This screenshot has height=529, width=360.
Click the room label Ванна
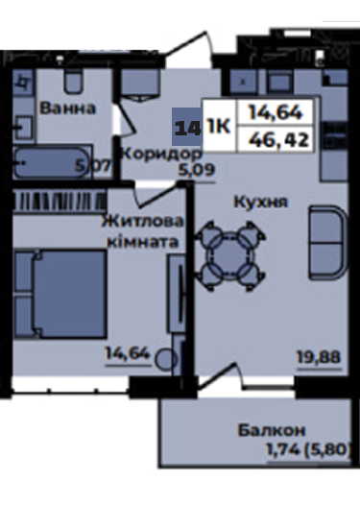68,108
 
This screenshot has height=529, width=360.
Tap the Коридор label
161,154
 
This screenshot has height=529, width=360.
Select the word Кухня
261,202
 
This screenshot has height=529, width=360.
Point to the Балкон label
272,430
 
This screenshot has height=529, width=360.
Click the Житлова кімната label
143,231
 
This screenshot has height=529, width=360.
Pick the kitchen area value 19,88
319,357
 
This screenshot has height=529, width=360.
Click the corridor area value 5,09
197,170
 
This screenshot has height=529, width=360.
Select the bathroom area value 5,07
93,165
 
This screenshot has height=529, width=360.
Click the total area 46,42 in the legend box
278,139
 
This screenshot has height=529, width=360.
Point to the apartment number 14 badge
187,127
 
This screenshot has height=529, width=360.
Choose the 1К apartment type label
219,127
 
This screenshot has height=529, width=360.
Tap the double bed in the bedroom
60,294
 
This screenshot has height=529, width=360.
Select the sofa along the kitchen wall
327,243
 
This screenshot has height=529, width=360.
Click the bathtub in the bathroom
52,162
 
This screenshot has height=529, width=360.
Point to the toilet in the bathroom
73,81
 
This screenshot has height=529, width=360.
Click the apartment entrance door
190,48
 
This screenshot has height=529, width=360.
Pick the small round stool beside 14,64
165,359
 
